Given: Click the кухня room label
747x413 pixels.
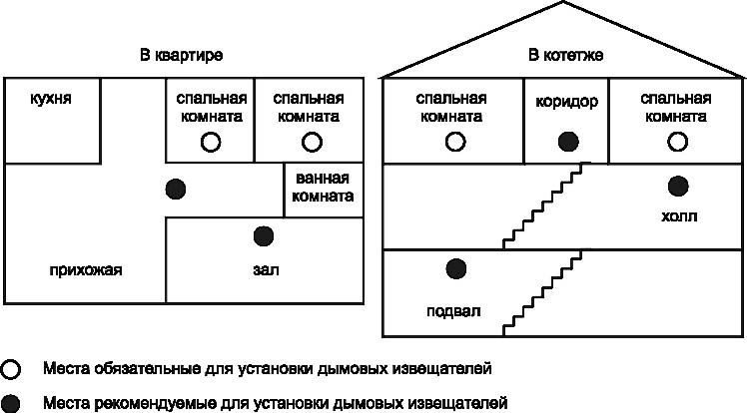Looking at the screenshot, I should pyautogui.click(x=51, y=100).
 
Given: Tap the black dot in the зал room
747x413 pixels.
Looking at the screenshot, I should pyautogui.click(x=264, y=235).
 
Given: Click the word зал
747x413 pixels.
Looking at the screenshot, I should pyautogui.click(x=264, y=269).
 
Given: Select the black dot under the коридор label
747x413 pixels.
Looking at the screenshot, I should pyautogui.click(x=566, y=142).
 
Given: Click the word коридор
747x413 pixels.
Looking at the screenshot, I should pyautogui.click(x=566, y=101).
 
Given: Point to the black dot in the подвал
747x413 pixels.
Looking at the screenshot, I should pyautogui.click(x=456, y=267).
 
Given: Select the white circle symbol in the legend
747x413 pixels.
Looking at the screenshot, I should pyautogui.click(x=11, y=369).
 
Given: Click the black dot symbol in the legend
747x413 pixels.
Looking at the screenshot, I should pyautogui.click(x=11, y=403).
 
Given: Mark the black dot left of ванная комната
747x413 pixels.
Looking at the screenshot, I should pyautogui.click(x=175, y=188).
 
